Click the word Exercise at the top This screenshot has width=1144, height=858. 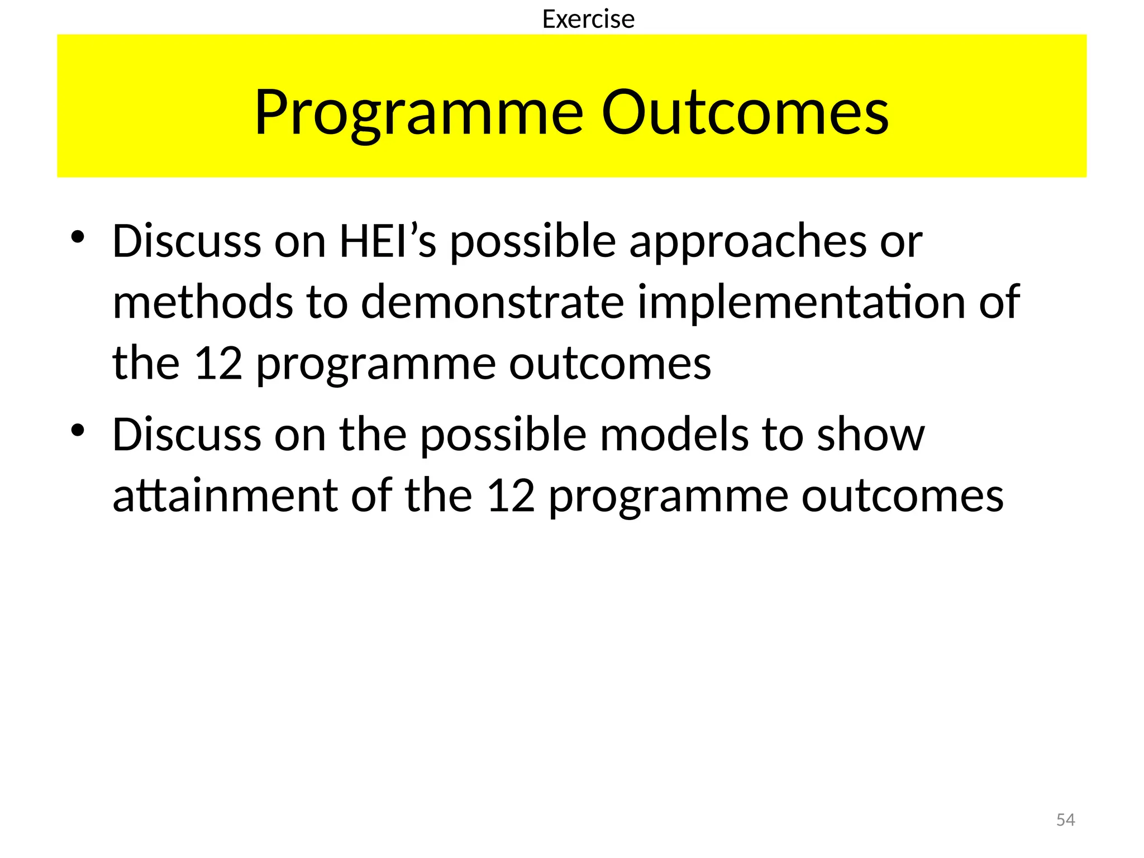588,20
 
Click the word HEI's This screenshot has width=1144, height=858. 388,241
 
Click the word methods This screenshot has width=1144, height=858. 203,302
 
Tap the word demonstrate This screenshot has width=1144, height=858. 492,302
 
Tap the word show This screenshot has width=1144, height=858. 870,435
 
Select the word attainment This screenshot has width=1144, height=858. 225,495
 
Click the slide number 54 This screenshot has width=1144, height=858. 1065,820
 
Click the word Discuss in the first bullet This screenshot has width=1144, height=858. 187,241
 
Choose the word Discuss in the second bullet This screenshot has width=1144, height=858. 187,435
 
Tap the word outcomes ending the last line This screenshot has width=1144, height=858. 902,495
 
